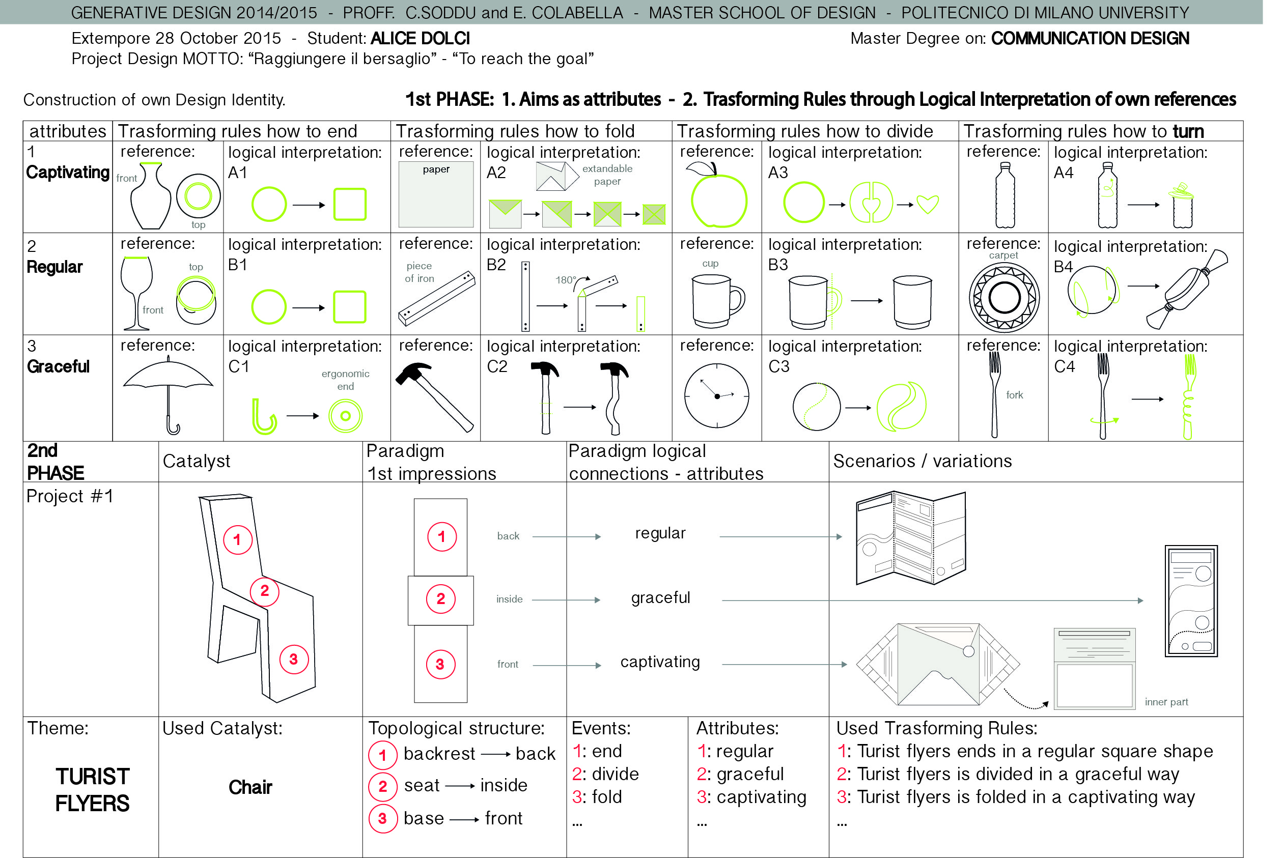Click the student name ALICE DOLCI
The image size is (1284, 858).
click(420, 38)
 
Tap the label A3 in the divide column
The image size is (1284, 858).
click(778, 173)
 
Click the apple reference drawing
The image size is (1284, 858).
click(718, 198)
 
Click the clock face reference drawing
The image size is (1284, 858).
click(716, 395)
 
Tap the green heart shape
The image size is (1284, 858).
click(928, 204)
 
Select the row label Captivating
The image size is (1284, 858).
click(68, 173)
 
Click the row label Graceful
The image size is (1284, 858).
click(58, 366)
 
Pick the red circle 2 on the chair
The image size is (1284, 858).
click(264, 591)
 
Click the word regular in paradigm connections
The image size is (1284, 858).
click(660, 533)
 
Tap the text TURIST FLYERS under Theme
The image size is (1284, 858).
click(92, 790)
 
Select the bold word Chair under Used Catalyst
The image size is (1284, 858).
click(250, 787)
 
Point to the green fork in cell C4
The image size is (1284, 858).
click(1188, 397)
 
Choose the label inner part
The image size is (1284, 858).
click(1166, 702)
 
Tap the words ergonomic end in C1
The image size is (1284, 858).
click(345, 380)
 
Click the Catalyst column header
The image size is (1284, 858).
click(197, 461)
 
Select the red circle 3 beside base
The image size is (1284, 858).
click(382, 819)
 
